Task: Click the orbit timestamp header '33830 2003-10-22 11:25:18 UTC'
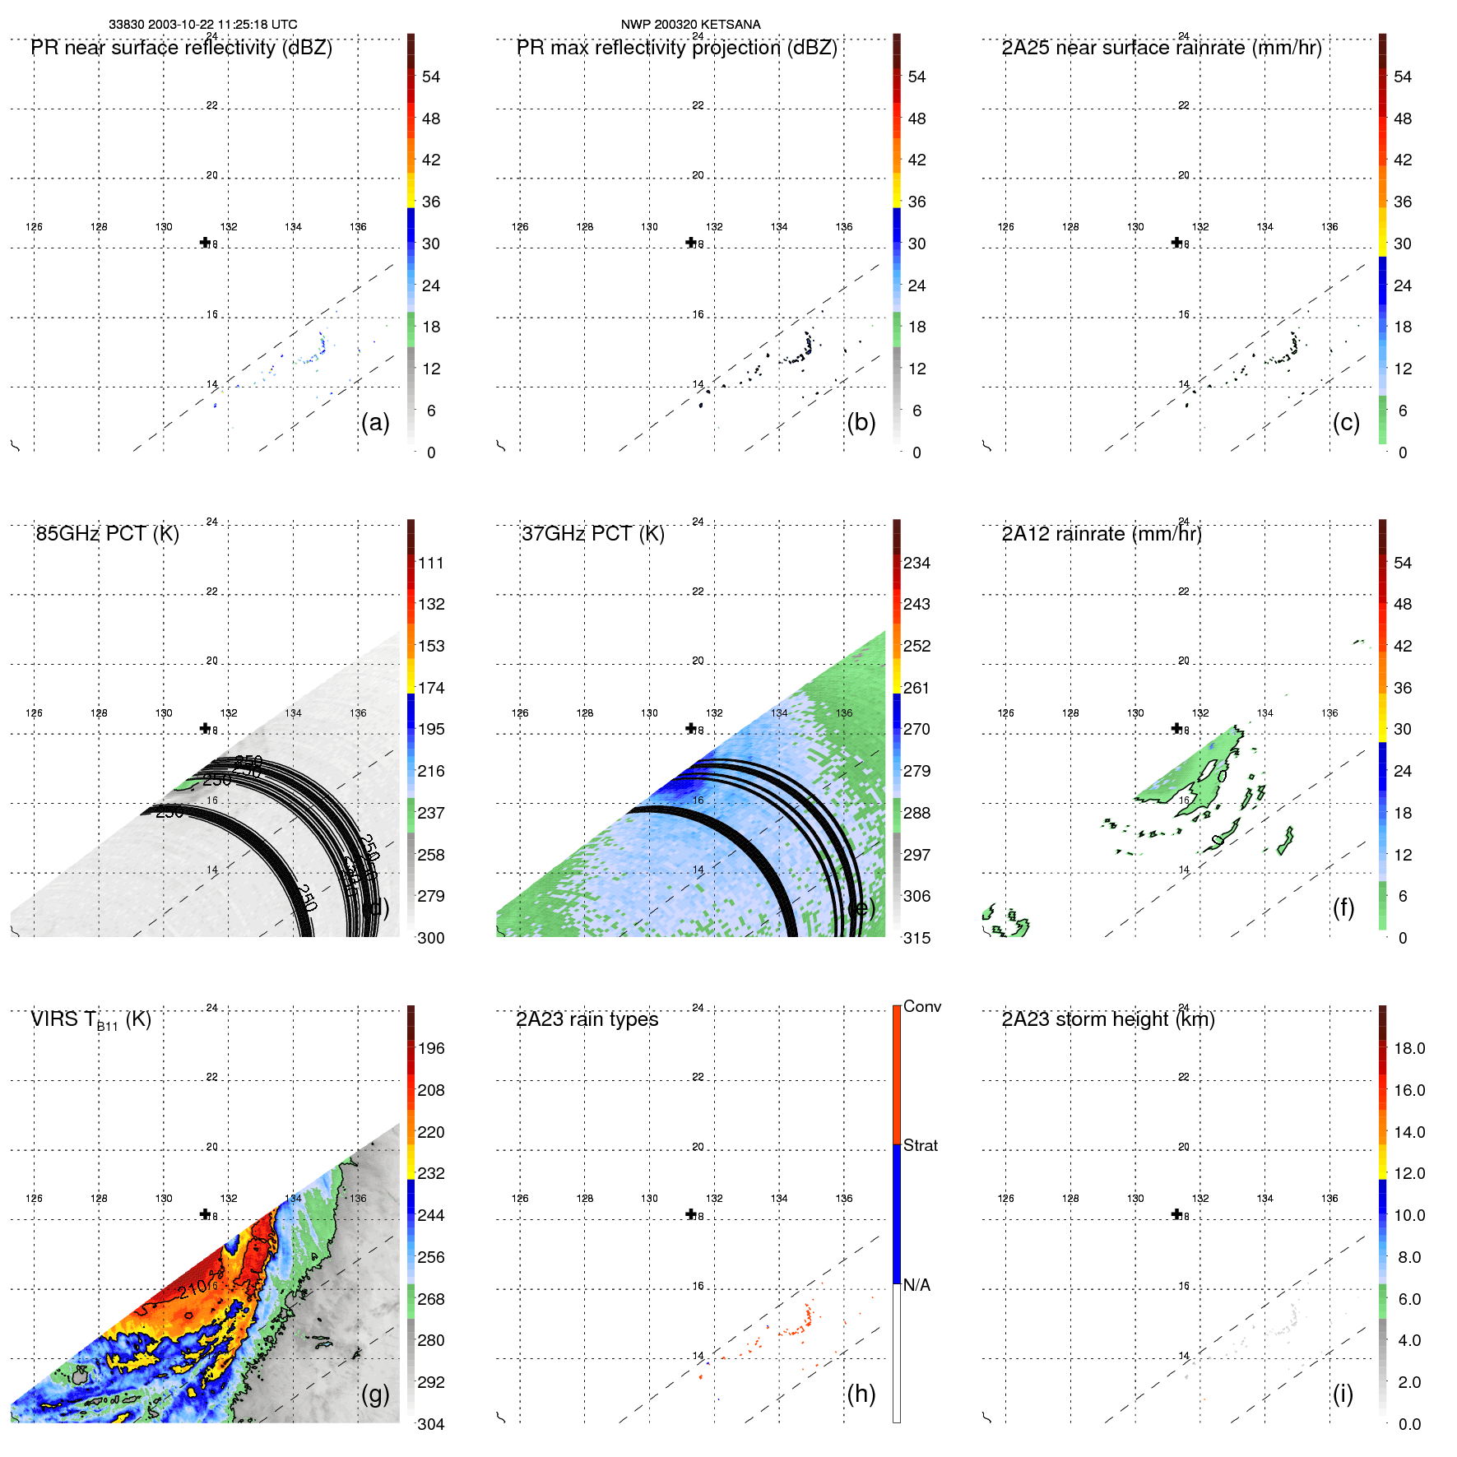(x=203, y=25)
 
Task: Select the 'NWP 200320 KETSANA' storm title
(x=690, y=25)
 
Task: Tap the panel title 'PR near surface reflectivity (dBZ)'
(x=182, y=48)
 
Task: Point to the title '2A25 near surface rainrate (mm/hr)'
(x=1162, y=48)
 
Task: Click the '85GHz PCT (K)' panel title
(x=108, y=534)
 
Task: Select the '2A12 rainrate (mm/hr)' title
(x=1102, y=534)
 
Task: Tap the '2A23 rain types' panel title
(x=587, y=1019)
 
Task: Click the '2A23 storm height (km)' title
(x=1108, y=1019)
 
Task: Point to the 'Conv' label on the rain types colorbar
(x=922, y=1006)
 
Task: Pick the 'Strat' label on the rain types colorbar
(x=921, y=1145)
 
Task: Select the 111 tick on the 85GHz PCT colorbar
(x=431, y=563)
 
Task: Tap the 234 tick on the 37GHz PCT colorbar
(x=916, y=563)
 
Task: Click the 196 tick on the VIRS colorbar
(x=431, y=1048)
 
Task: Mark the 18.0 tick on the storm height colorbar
(x=1409, y=1048)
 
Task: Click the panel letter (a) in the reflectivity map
(x=375, y=422)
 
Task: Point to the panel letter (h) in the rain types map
(x=861, y=1394)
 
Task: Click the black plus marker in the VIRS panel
(x=206, y=1213)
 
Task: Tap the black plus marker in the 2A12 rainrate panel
(x=1177, y=728)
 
